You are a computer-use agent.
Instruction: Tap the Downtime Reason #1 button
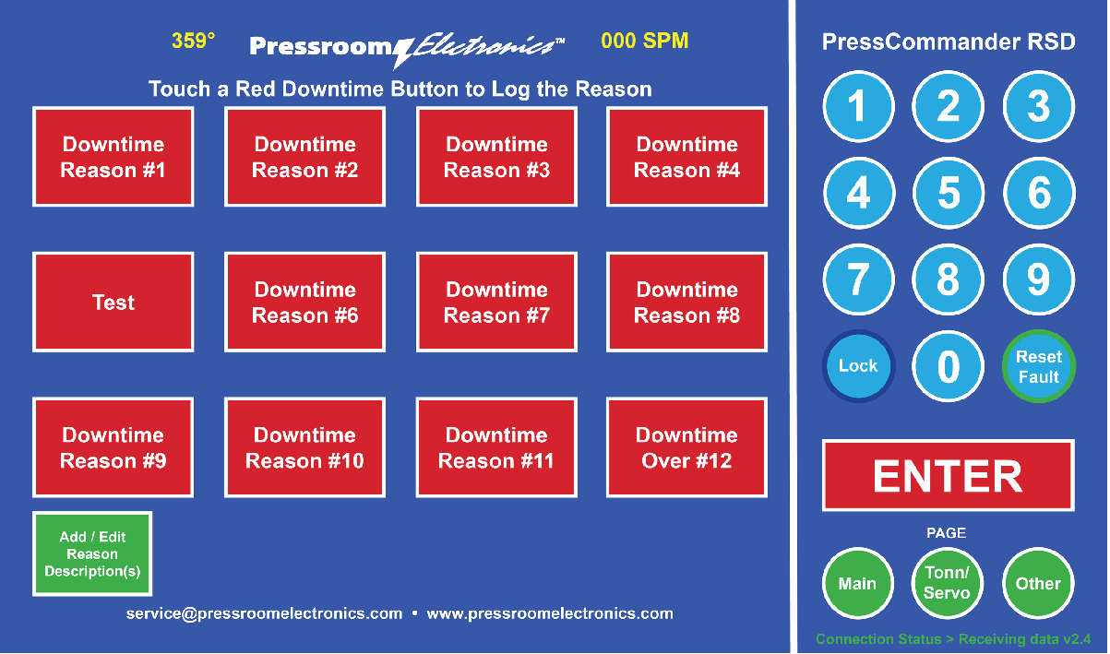click(113, 157)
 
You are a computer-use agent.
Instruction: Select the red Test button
click(113, 303)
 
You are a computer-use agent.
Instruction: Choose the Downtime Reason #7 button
click(496, 303)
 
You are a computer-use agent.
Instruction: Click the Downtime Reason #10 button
click(304, 448)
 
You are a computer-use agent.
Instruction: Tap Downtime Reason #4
click(686, 157)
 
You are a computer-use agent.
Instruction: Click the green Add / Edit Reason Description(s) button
click(92, 554)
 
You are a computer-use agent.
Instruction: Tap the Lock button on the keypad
click(858, 366)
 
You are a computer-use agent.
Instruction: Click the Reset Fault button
click(1039, 366)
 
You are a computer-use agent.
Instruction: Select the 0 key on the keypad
click(949, 367)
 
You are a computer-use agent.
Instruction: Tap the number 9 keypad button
click(1039, 279)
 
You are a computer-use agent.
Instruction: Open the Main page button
click(858, 584)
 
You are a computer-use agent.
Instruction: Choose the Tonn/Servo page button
click(948, 584)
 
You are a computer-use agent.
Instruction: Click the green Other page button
click(1038, 584)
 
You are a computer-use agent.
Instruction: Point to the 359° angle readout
click(193, 41)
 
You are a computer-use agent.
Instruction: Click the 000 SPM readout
click(644, 41)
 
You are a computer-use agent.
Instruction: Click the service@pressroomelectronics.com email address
click(265, 613)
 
